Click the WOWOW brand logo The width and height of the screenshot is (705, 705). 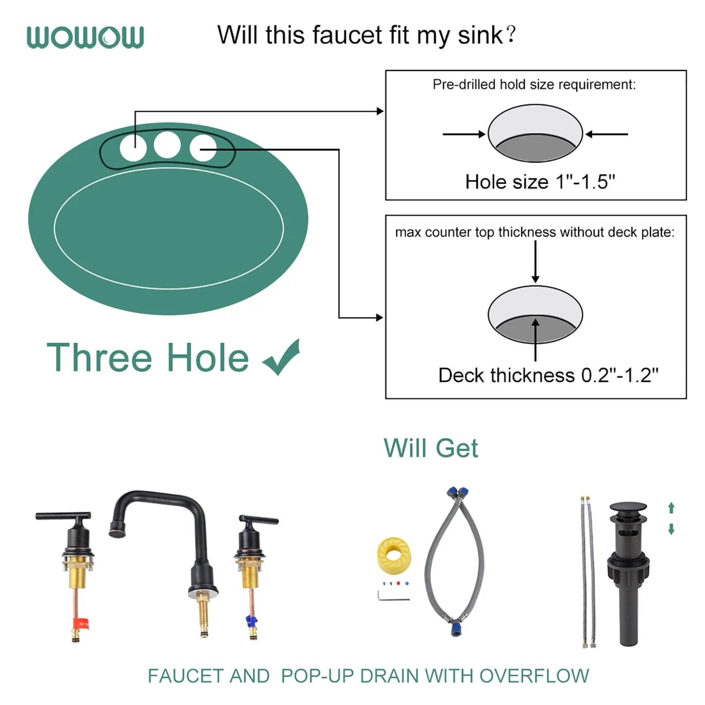(85, 37)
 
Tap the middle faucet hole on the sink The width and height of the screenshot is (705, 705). (167, 145)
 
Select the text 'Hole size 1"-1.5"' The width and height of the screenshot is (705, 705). (540, 182)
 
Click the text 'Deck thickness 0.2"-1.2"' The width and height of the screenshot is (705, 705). (548, 375)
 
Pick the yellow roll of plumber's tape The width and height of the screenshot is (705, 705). (394, 556)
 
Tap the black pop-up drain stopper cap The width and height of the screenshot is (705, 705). (628, 508)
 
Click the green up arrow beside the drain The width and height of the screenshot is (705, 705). (671, 508)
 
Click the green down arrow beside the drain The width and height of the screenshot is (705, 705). (671, 529)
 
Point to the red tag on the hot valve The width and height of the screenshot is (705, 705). (83, 623)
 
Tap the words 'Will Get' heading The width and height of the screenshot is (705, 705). (430, 449)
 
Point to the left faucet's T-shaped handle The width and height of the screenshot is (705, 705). (63, 516)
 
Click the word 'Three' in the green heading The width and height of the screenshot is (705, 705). (100, 357)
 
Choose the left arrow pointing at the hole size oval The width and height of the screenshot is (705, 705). (464, 134)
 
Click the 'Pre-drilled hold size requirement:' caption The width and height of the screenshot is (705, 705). (534, 84)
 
